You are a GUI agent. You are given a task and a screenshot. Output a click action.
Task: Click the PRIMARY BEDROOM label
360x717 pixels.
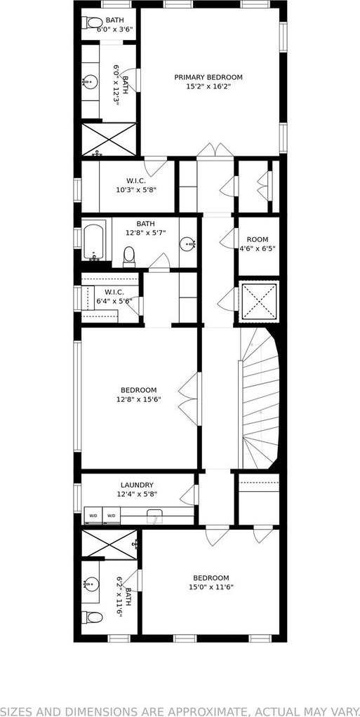pyautogui.click(x=208, y=77)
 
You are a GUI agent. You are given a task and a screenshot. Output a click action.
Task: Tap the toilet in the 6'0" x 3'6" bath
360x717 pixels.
pyautogui.click(x=93, y=22)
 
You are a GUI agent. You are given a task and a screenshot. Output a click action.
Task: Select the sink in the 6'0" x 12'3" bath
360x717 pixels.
pyautogui.click(x=90, y=83)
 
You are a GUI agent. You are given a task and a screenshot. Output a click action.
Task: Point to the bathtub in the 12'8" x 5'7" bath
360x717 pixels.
pyautogui.click(x=94, y=240)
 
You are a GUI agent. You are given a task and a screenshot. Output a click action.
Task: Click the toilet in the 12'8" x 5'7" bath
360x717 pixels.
pyautogui.click(x=129, y=257)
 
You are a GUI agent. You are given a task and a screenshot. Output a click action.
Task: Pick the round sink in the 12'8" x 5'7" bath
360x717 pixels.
pyautogui.click(x=188, y=244)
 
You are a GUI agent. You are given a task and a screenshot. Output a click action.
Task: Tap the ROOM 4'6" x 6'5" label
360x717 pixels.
pyautogui.click(x=258, y=244)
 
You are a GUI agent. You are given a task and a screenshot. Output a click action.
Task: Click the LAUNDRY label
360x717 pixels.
pyautogui.click(x=137, y=485)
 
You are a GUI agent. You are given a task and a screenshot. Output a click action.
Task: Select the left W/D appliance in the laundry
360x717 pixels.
pyautogui.click(x=93, y=516)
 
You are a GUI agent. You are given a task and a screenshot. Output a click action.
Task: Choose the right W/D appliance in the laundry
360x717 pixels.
pyautogui.click(x=111, y=516)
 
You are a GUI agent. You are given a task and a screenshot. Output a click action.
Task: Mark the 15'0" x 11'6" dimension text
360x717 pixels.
pyautogui.click(x=211, y=587)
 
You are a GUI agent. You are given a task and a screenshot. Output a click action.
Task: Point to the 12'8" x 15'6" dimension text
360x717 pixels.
pyautogui.click(x=139, y=399)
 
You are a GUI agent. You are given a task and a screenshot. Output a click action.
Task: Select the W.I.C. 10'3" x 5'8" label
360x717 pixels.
pyautogui.click(x=136, y=185)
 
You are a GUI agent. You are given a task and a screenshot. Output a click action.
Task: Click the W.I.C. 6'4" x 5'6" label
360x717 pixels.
pyautogui.click(x=114, y=296)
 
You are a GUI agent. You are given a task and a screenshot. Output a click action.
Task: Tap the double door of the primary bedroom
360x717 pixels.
pyautogui.click(x=216, y=150)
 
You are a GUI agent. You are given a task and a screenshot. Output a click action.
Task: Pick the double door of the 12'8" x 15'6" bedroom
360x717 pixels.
pyautogui.click(x=189, y=398)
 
